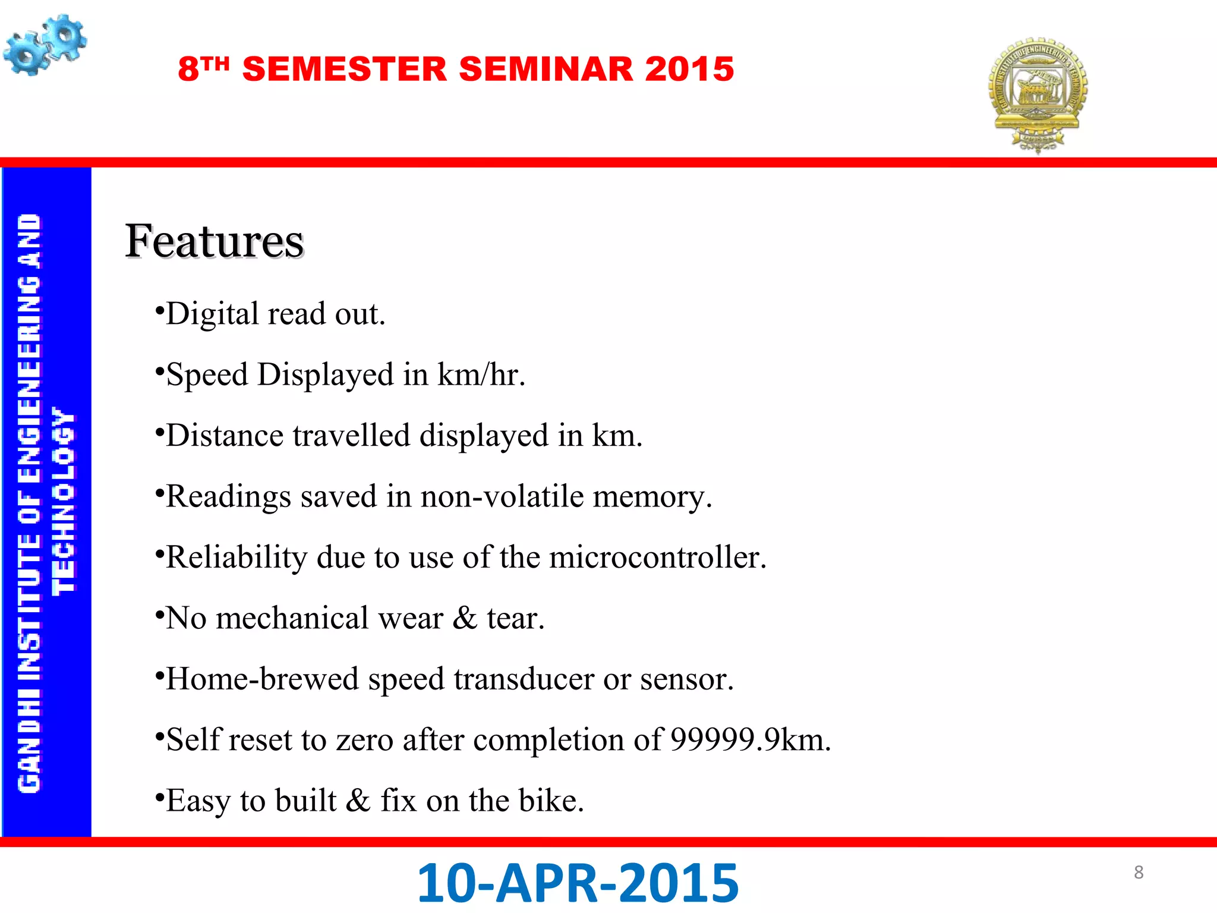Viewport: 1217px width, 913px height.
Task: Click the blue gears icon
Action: pyautogui.click(x=45, y=45)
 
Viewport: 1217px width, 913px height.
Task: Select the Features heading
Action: pyautogui.click(x=215, y=241)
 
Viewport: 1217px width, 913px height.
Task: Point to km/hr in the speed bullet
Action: pyautogui.click(x=481, y=375)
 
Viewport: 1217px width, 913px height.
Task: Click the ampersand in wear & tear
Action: pyautogui.click(x=465, y=618)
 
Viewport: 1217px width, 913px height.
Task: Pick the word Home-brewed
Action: pyautogui.click(x=262, y=679)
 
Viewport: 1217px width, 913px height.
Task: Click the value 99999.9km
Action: pyautogui.click(x=750, y=740)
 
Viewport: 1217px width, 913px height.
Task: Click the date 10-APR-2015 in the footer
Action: pyautogui.click(x=578, y=883)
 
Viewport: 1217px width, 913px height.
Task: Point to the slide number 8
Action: pyautogui.click(x=1139, y=873)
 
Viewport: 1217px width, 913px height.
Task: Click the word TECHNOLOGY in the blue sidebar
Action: pyautogui.click(x=64, y=500)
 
